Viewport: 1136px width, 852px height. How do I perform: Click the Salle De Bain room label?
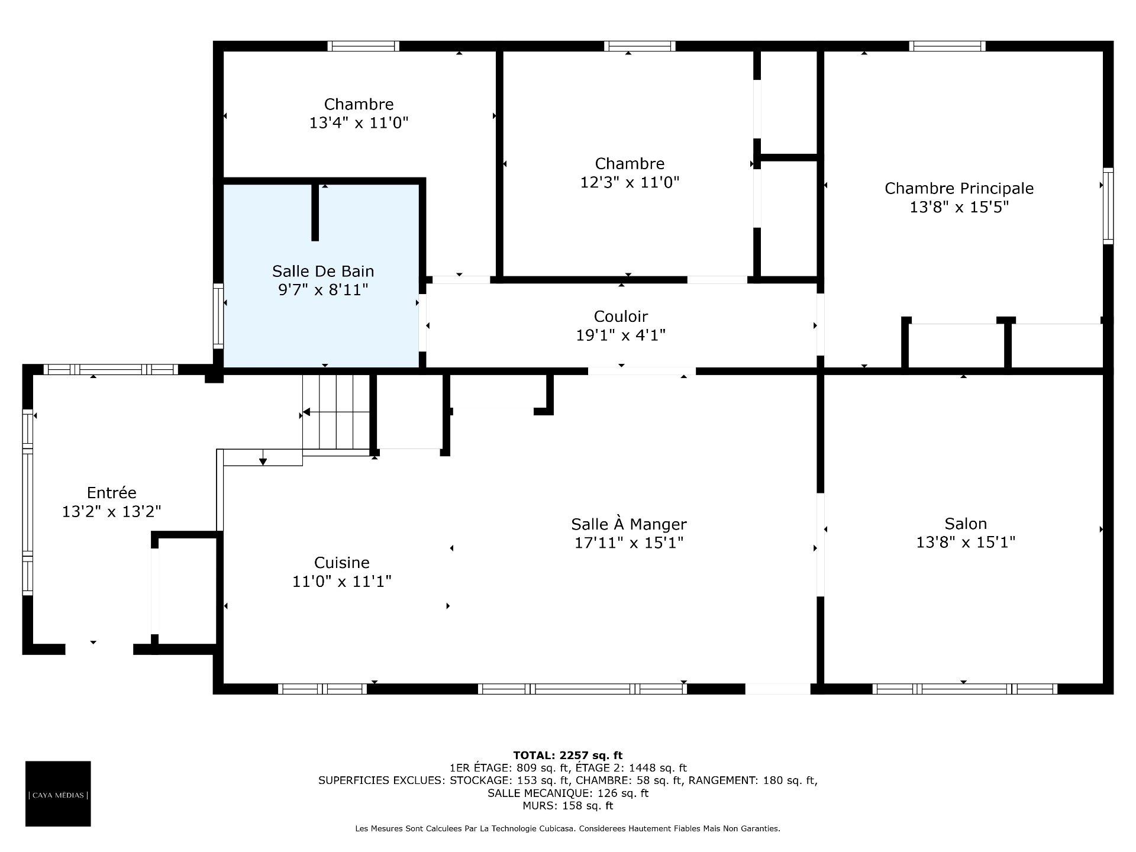[323, 271]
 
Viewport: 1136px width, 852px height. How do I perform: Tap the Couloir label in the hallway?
[621, 317]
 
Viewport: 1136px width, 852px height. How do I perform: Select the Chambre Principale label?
[959, 188]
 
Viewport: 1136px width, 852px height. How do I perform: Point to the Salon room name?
[966, 524]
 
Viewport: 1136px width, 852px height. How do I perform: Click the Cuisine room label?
[342, 563]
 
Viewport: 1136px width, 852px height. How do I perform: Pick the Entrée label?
[112, 492]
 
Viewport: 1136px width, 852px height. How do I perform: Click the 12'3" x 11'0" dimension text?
[630, 182]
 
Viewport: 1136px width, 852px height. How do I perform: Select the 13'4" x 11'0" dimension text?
[359, 123]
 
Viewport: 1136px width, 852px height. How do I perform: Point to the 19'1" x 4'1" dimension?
[621, 335]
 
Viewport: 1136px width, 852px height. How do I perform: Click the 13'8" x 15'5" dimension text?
[959, 207]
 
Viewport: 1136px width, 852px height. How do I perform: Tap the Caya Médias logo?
[58, 793]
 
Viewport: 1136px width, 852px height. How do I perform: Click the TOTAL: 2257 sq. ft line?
[568, 755]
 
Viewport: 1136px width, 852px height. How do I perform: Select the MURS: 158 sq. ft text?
[568, 806]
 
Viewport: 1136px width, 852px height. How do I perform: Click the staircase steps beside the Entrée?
[337, 412]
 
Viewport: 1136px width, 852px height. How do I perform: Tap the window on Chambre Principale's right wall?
[1108, 206]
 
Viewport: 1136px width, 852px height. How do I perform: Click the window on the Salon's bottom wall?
[965, 689]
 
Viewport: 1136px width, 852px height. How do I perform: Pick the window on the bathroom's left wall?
[218, 315]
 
